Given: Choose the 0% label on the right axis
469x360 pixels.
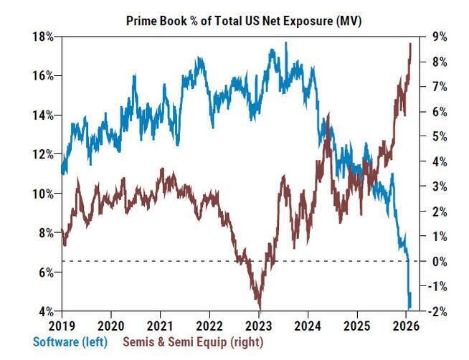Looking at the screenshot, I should point(435,261).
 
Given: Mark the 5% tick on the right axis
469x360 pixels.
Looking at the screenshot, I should point(435,136).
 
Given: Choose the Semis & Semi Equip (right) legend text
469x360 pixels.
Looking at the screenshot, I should point(196,342).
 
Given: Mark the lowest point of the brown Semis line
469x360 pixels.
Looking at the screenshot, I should point(258,307).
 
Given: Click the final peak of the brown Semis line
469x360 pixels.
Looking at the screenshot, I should point(410,44).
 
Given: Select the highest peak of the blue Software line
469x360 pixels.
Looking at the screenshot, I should point(286,43).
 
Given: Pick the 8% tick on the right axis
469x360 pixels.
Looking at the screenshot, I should point(435,62).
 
